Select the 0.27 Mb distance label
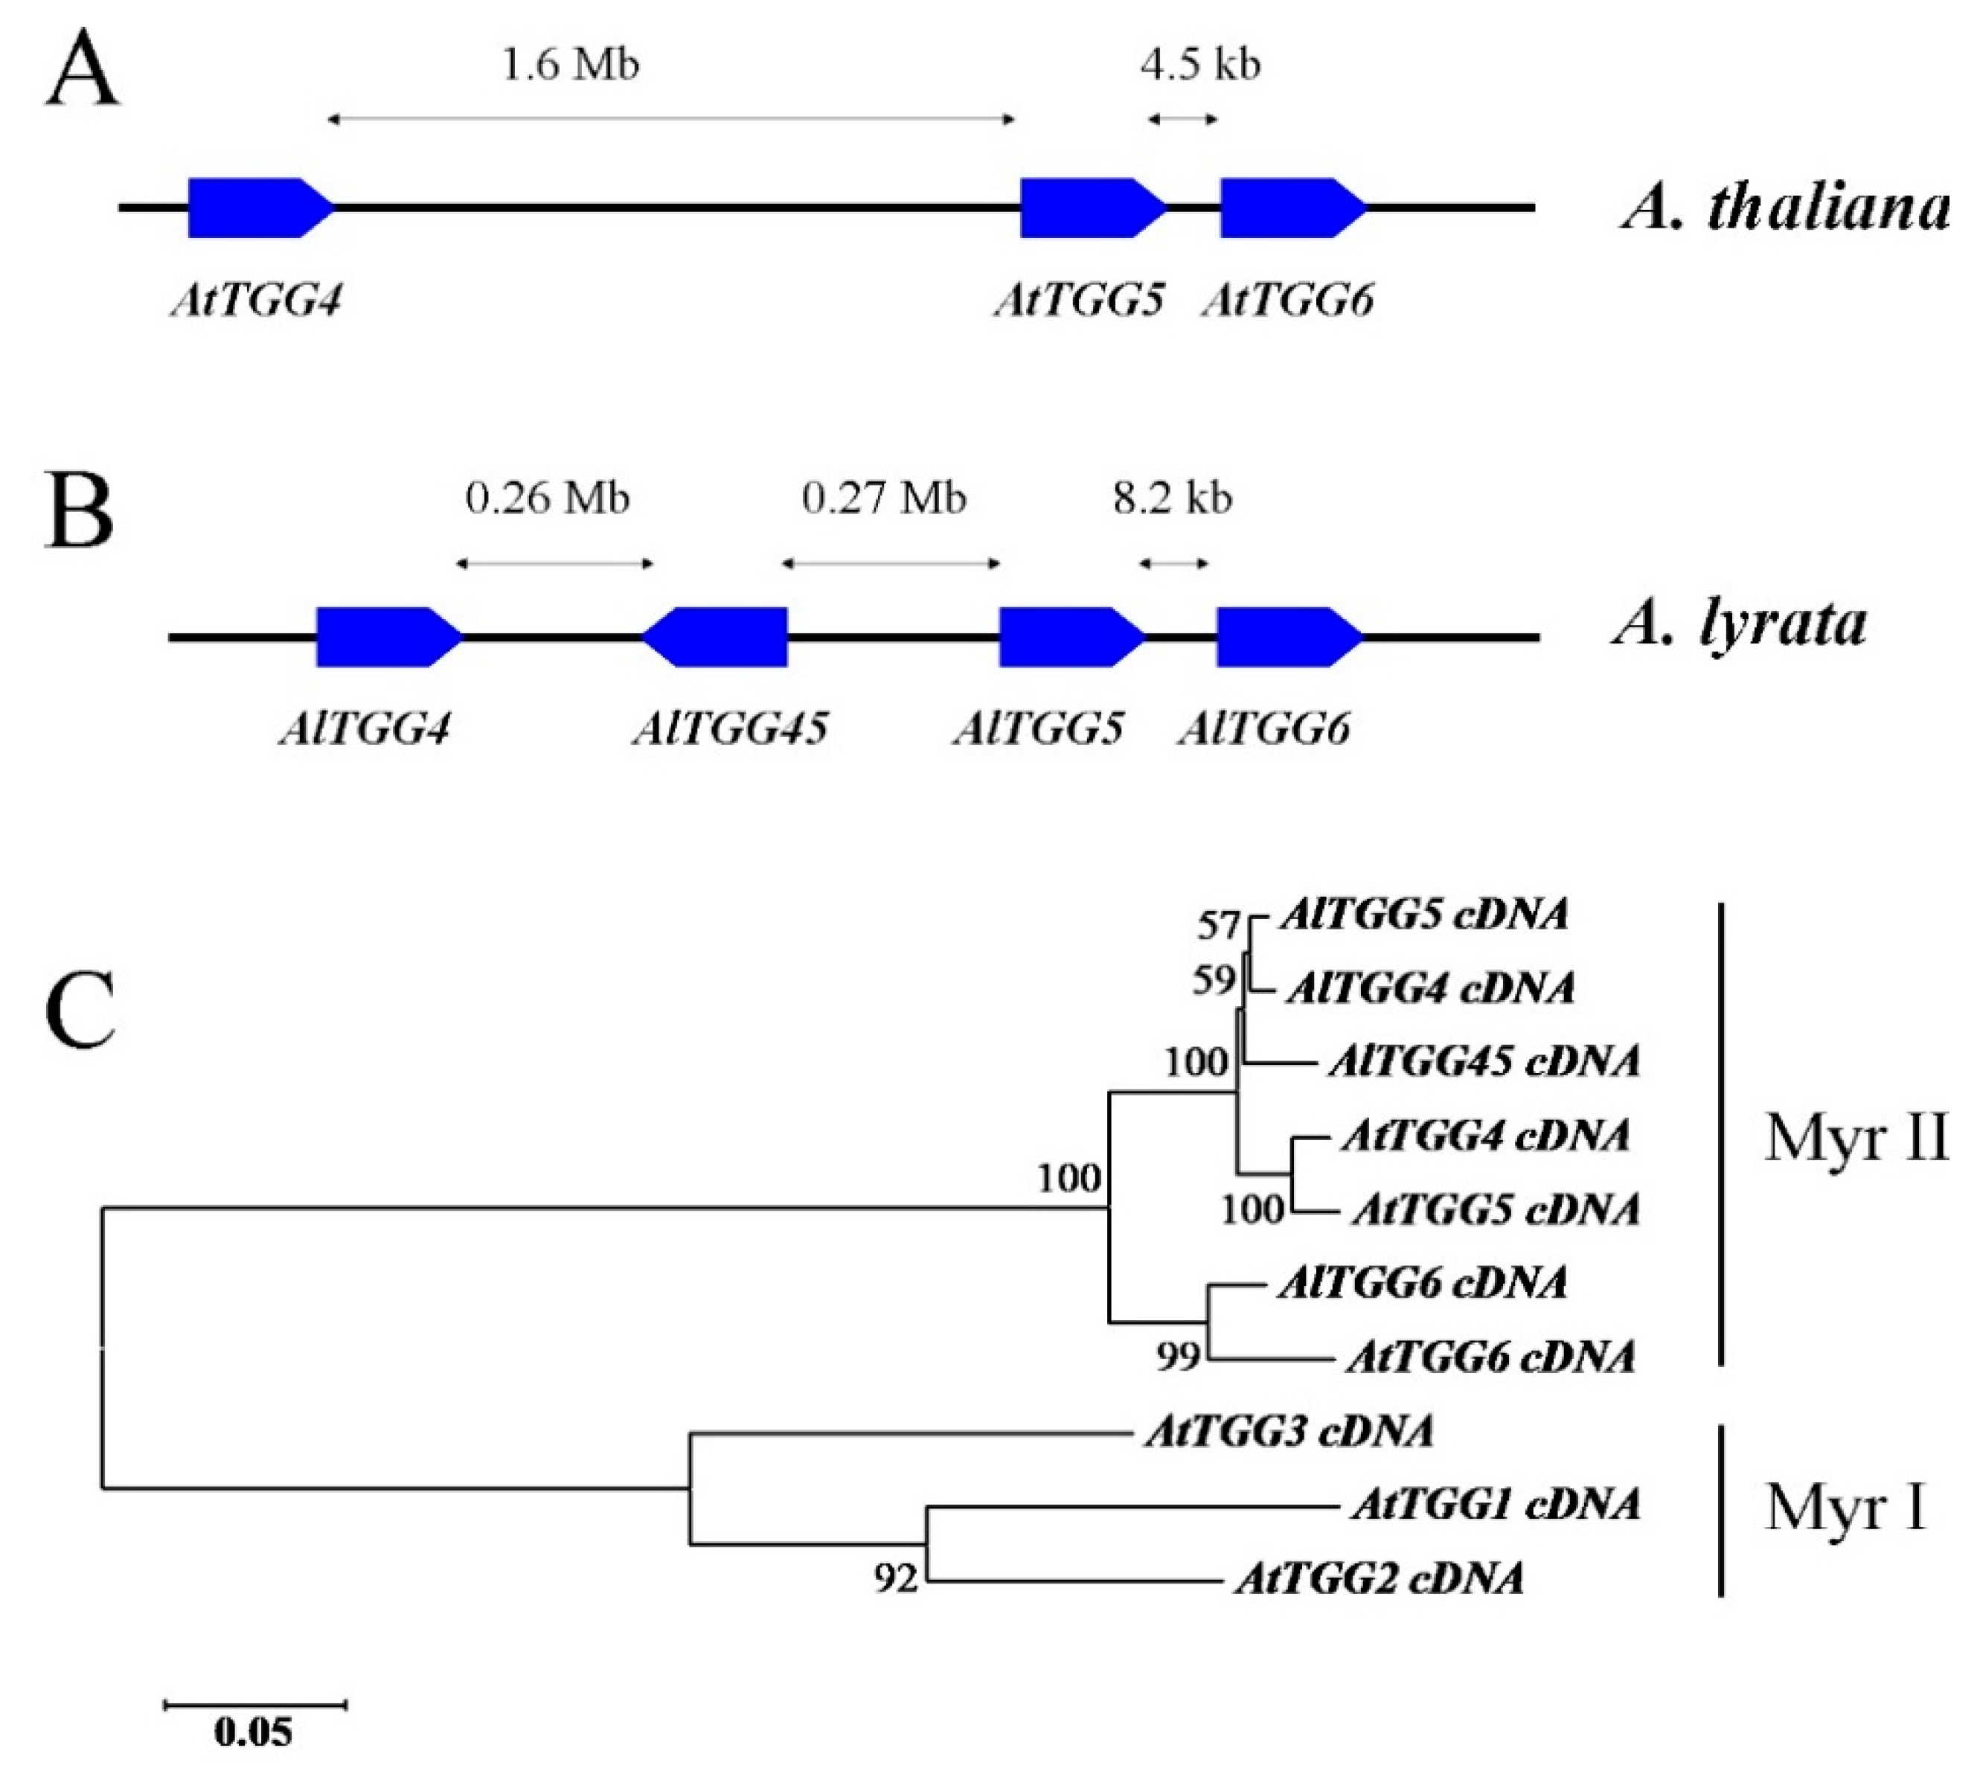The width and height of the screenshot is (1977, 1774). [x=883, y=498]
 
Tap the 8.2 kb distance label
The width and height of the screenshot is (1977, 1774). [x=1173, y=498]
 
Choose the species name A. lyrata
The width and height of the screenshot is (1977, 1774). [x=1740, y=624]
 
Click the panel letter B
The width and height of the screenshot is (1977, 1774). [x=80, y=513]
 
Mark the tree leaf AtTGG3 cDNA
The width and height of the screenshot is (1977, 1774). [x=1289, y=1432]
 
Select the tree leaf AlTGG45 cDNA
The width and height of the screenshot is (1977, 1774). [x=1484, y=1060]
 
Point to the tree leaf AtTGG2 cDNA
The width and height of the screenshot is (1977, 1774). [x=1380, y=1579]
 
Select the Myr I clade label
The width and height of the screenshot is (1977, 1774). [x=1845, y=1508]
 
